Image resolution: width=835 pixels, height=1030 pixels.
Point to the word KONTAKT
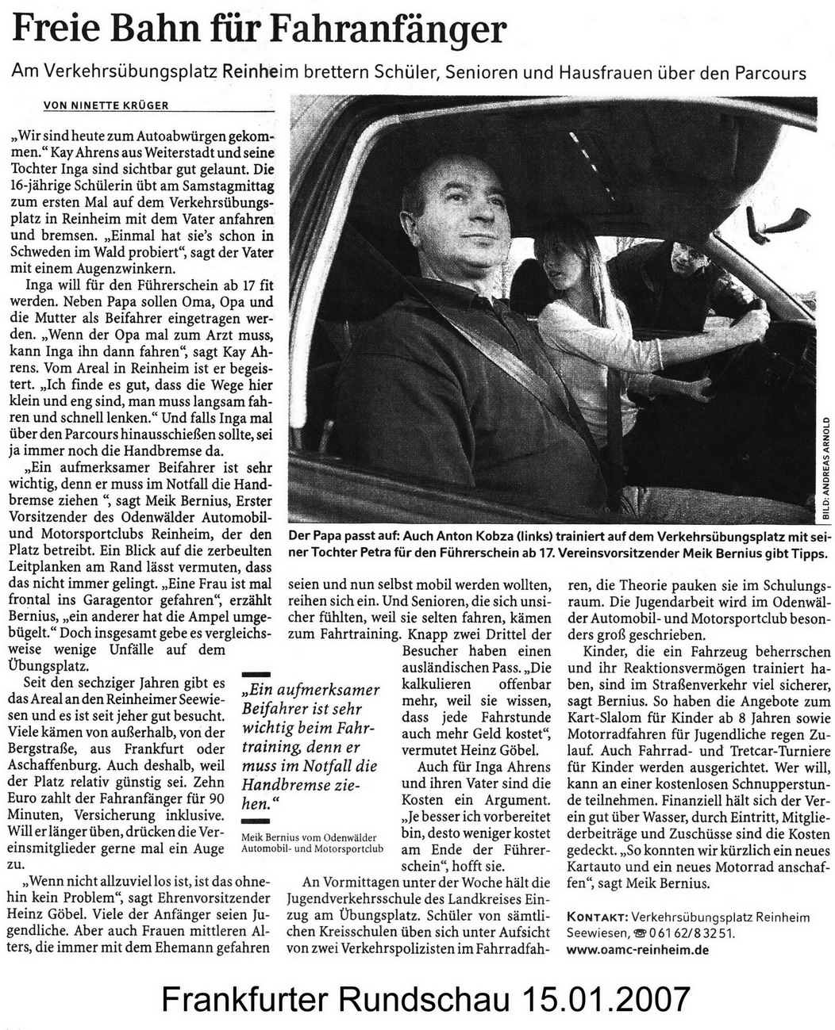click(x=597, y=917)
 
